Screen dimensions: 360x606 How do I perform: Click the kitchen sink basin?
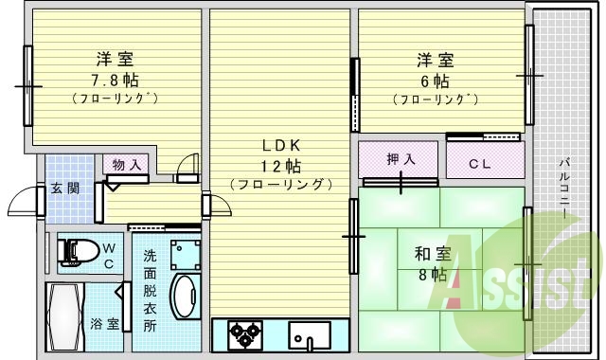[310, 335]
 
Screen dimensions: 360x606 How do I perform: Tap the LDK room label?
[281, 145]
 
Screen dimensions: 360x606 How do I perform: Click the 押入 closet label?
[401, 159]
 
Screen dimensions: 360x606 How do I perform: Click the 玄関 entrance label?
[64, 187]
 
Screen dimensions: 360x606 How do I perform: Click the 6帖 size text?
[436, 80]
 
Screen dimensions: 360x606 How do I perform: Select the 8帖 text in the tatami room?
[434, 275]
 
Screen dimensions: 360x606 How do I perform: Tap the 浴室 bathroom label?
[105, 324]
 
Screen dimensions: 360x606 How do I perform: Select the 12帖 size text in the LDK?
[281, 165]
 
